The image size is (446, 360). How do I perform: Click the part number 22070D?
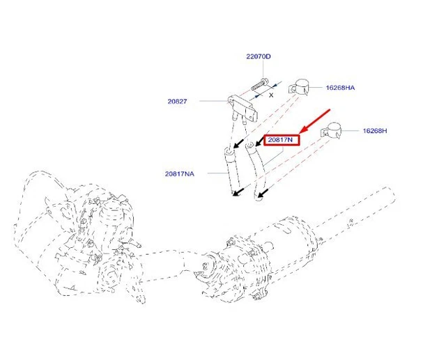click(258, 56)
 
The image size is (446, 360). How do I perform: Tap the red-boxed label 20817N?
click(281, 140)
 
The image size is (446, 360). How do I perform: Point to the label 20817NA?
click(179, 173)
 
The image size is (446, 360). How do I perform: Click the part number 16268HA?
click(341, 88)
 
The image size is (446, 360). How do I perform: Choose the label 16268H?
click(374, 130)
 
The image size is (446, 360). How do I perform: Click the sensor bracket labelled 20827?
click(239, 106)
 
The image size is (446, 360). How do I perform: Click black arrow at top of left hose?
click(240, 143)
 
